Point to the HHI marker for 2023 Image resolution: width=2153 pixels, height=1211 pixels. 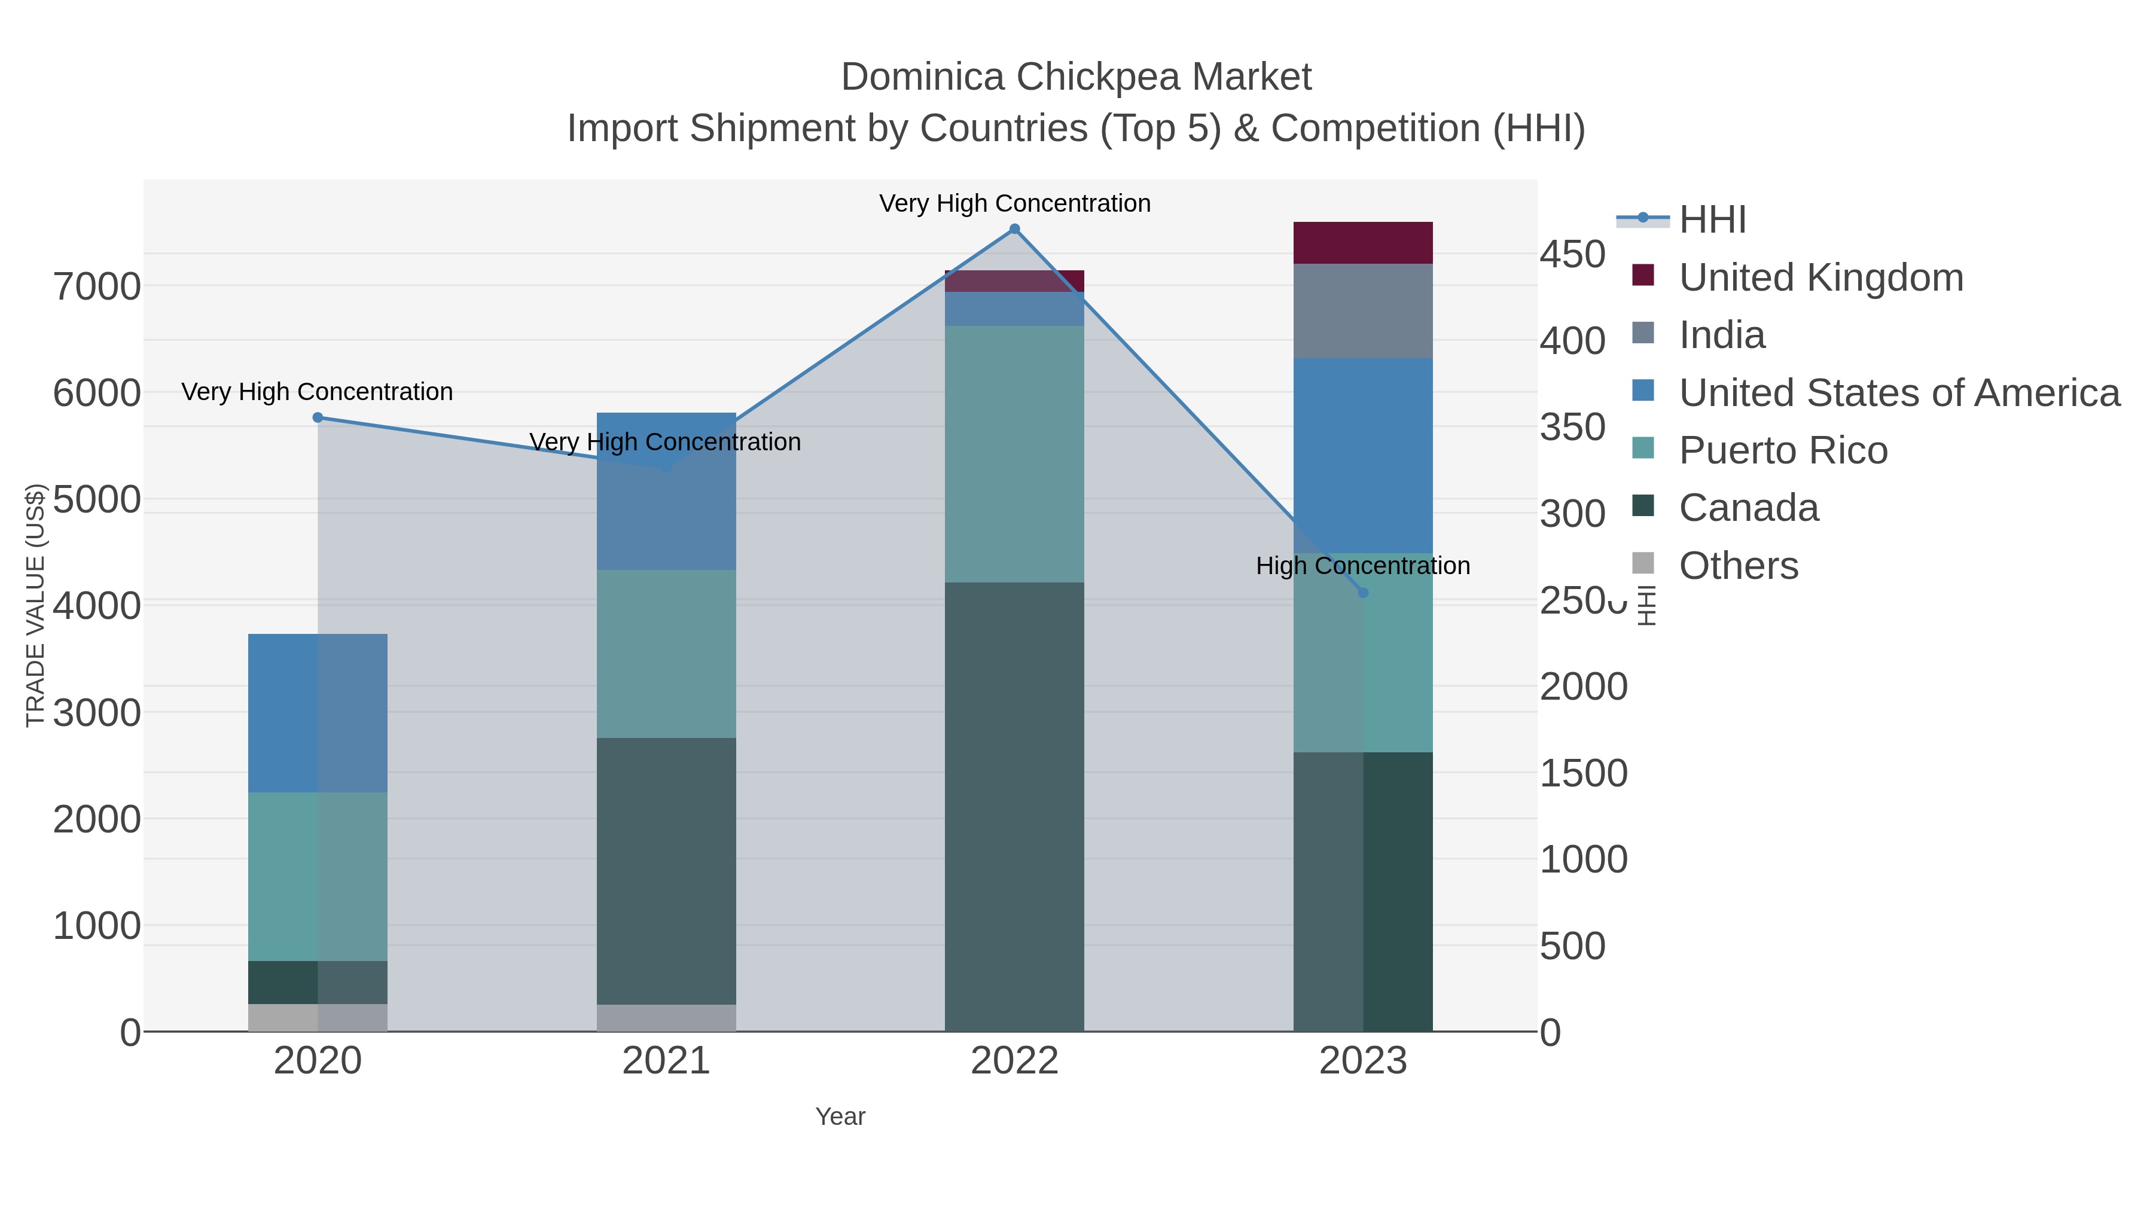[1363, 593]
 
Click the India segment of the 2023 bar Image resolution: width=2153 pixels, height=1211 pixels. [1362, 311]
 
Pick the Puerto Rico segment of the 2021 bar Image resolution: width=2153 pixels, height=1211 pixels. [666, 654]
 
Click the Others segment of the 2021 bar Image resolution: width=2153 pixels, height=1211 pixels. [666, 1017]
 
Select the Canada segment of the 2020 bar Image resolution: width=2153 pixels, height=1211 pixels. [318, 982]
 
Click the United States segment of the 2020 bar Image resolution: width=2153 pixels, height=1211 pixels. [318, 713]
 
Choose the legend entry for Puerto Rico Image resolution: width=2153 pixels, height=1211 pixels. [1783, 450]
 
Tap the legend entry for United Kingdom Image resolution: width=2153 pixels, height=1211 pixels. [1820, 277]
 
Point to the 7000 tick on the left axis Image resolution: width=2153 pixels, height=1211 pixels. [97, 286]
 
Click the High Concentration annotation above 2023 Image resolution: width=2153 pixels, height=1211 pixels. [1362, 566]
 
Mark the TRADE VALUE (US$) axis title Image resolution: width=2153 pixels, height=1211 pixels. [35, 605]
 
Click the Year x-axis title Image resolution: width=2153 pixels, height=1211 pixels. [840, 1117]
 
